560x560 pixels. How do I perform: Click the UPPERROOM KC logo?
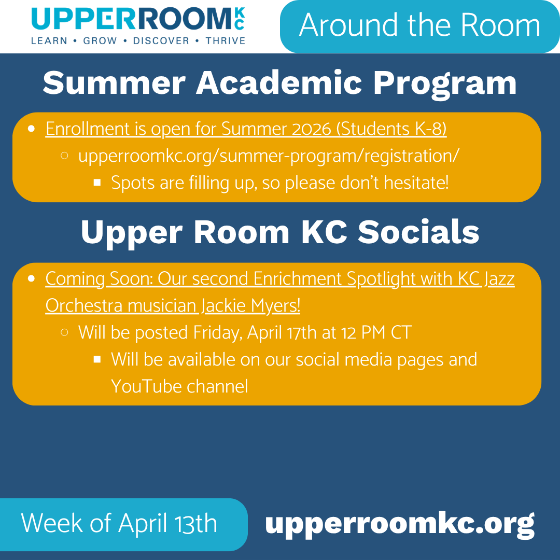tap(138, 19)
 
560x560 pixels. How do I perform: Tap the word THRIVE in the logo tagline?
tap(226, 41)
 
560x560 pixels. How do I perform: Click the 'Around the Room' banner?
tap(419, 25)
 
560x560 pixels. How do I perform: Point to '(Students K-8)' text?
tap(391, 129)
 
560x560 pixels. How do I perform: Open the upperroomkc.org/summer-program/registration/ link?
tap(268, 156)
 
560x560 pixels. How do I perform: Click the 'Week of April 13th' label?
tap(119, 523)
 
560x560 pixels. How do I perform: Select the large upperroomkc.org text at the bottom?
tap(399, 524)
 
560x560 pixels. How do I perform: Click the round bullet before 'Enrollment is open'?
tap(32, 128)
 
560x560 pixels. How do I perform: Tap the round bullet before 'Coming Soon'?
tap(32, 278)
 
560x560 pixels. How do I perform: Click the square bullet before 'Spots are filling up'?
tap(97, 183)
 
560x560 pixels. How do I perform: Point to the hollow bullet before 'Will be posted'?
tap(65, 332)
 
